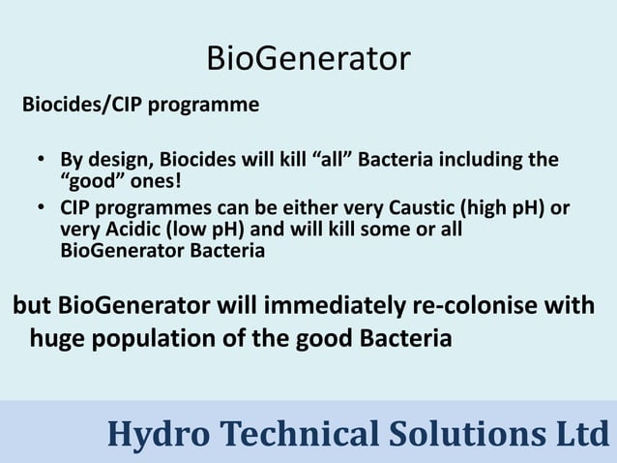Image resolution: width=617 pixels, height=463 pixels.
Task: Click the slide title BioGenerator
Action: point(308,58)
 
